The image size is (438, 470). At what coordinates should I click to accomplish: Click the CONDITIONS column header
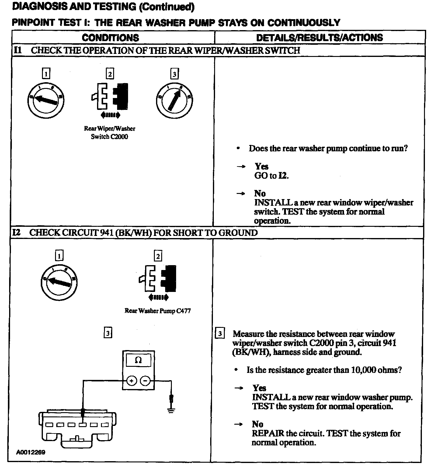pyautogui.click(x=110, y=38)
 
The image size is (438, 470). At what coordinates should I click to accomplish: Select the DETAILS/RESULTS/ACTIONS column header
pyautogui.click(x=319, y=38)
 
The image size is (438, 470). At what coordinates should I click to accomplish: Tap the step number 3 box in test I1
pyautogui.click(x=174, y=74)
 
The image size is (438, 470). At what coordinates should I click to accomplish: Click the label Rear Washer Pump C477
pyautogui.click(x=158, y=311)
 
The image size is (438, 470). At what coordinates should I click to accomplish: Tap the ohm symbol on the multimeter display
pyautogui.click(x=138, y=360)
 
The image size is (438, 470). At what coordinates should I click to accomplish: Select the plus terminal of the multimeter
pyautogui.click(x=132, y=381)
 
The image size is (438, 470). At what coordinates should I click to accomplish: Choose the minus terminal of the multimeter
pyautogui.click(x=145, y=381)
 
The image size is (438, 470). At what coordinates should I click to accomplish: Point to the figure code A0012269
pyautogui.click(x=31, y=452)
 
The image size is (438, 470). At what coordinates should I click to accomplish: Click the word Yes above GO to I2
pyautogui.click(x=262, y=166)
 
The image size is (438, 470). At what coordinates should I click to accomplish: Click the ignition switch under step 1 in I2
pyautogui.click(x=59, y=282)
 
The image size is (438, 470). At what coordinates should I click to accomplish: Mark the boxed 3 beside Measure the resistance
pyautogui.click(x=220, y=334)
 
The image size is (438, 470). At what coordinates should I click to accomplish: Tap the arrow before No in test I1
pyautogui.click(x=241, y=194)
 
